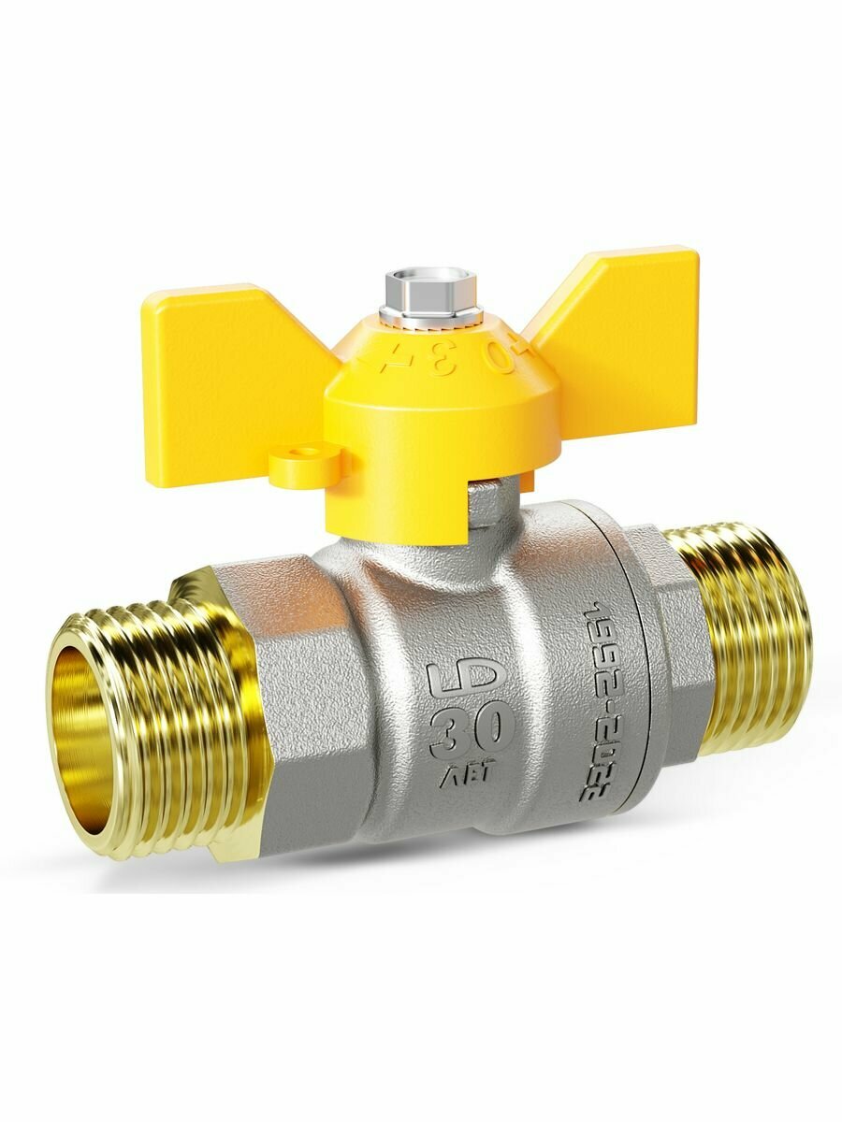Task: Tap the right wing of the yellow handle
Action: coord(617,327)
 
